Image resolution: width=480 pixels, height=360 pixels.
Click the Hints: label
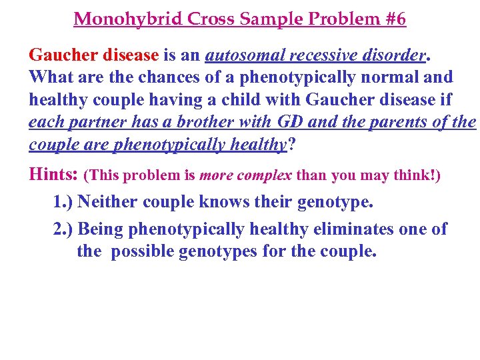tap(53, 175)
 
